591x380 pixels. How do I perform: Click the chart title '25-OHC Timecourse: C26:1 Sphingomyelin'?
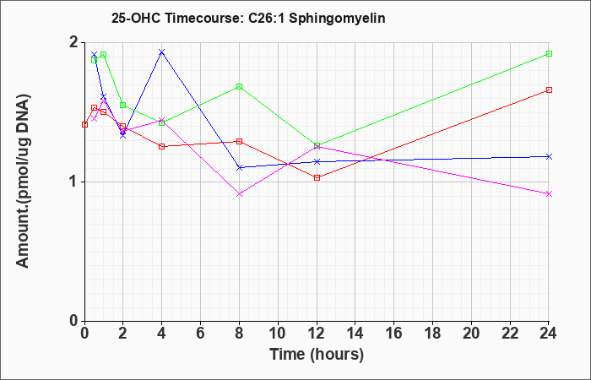point(248,18)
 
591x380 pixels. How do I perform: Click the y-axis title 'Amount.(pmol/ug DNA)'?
point(23,182)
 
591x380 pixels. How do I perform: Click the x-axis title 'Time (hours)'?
point(317,355)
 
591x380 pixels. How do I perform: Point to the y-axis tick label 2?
point(74,42)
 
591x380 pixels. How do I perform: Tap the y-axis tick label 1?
point(74,182)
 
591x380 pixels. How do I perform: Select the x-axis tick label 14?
point(355,334)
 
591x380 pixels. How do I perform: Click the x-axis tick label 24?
point(549,334)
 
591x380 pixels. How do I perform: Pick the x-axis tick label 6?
point(200,334)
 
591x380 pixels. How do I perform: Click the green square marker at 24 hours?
point(549,53)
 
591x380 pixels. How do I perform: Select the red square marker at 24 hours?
point(549,90)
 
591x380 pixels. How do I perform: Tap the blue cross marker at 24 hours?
point(549,156)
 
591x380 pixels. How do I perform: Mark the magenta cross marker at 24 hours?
point(549,193)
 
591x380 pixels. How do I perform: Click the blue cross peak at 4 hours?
point(162,52)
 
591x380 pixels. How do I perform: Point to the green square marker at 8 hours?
point(239,87)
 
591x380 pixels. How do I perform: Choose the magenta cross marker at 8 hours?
point(239,194)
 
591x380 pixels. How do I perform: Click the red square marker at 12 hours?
point(317,178)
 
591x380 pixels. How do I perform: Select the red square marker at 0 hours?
point(84,124)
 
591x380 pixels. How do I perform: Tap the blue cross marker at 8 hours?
point(239,167)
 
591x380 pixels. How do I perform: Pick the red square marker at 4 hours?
point(162,147)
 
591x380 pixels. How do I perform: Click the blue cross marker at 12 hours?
point(317,162)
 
